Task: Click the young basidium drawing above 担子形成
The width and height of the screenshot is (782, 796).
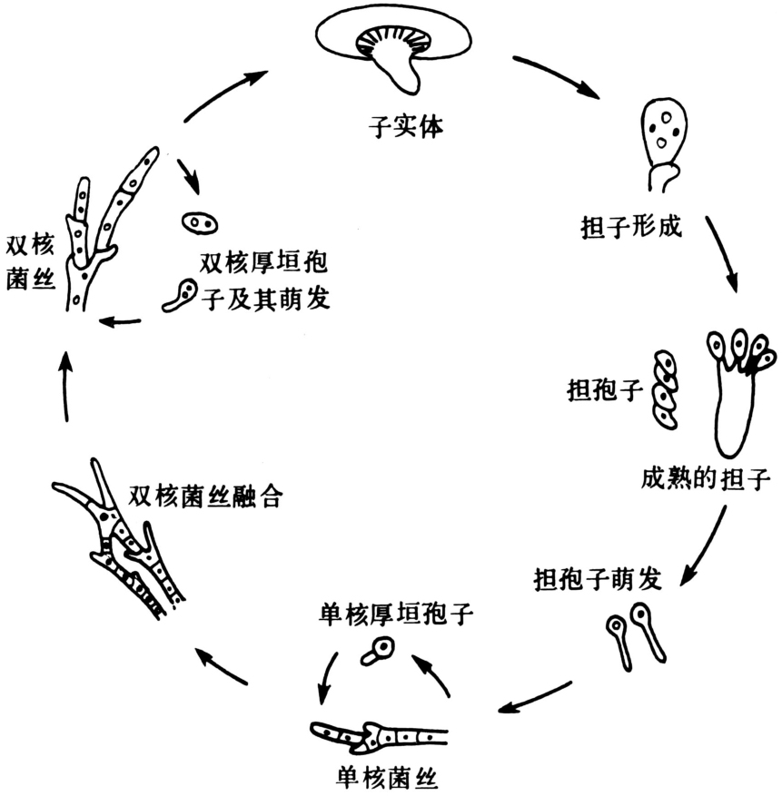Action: [x=663, y=145]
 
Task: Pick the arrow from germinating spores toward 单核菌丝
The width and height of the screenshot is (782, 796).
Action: [x=536, y=695]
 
